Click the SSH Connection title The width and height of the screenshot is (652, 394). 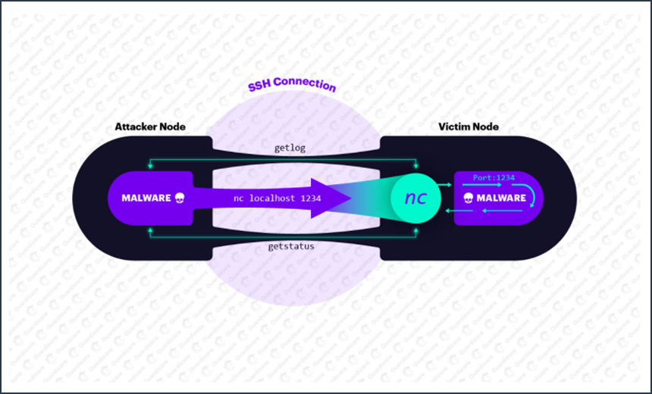click(x=292, y=86)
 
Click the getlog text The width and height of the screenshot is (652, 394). click(x=290, y=149)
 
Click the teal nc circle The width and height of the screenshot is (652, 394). click(x=415, y=198)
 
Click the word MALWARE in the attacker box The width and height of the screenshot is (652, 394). click(x=146, y=199)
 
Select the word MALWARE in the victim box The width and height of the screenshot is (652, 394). click(x=501, y=199)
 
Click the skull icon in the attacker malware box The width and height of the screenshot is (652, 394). click(x=180, y=199)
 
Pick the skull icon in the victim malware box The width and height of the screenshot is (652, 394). click(x=469, y=199)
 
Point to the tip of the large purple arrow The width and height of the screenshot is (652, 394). click(x=351, y=199)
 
